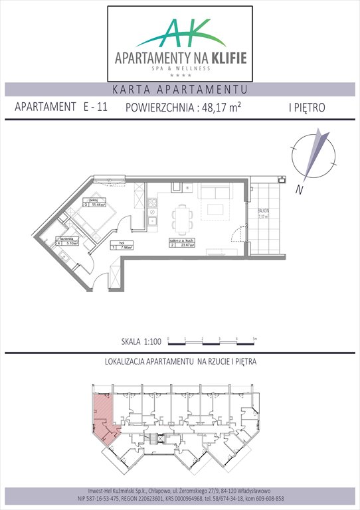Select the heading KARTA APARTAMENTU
[180, 90]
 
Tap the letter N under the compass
[300, 191]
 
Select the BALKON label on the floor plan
[263, 210]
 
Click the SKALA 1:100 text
[141, 342]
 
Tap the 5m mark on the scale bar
[254, 339]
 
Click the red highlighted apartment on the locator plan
[102, 415]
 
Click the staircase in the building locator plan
[157, 439]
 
